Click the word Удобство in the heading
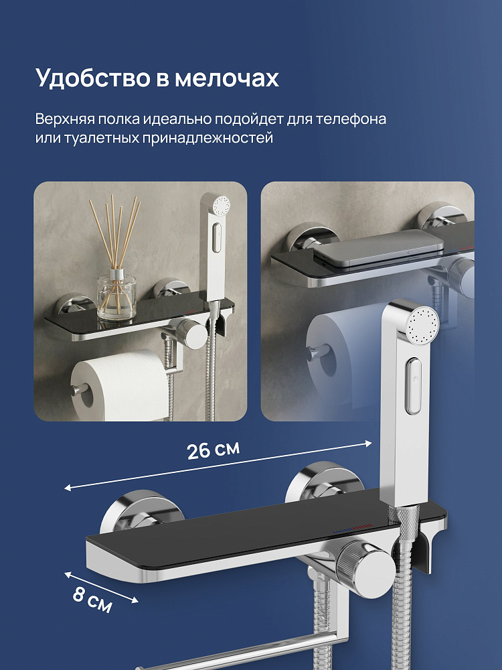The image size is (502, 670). coord(93,78)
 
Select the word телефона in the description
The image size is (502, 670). coord(351,119)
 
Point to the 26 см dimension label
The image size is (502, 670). coord(214,450)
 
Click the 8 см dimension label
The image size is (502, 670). coord(92,600)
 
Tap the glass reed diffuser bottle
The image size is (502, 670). coord(116,297)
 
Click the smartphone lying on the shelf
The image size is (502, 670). coord(378,249)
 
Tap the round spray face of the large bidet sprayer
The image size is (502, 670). coord(422,325)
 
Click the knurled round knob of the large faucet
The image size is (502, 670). coord(363,566)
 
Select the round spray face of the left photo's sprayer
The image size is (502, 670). coord(221,205)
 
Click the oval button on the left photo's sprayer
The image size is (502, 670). coord(217,238)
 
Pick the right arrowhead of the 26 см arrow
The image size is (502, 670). coord(368,444)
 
